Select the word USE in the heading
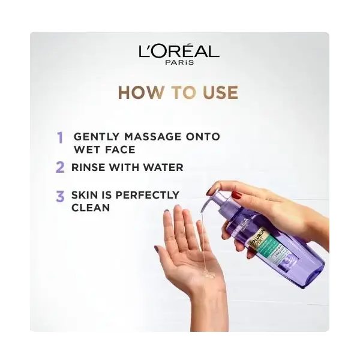click(218, 92)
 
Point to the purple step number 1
click(60, 137)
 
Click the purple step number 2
click(60, 167)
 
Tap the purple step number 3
click(60, 196)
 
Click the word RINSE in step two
click(88, 167)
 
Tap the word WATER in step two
click(163, 167)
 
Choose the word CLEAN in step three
click(90, 207)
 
